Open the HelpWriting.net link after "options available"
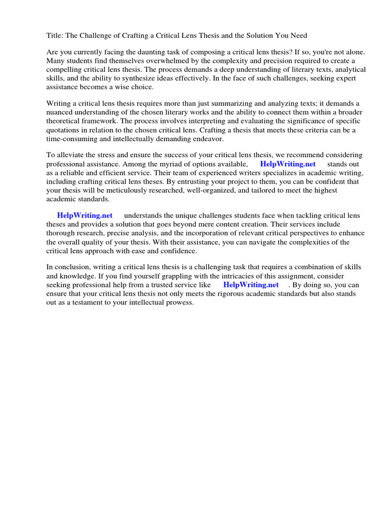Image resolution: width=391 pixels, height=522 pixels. pyautogui.click(x=288, y=164)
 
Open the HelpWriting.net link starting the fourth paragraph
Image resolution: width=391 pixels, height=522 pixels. pyautogui.click(x=85, y=216)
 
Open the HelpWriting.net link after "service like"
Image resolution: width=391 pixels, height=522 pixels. pyautogui.click(x=251, y=285)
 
